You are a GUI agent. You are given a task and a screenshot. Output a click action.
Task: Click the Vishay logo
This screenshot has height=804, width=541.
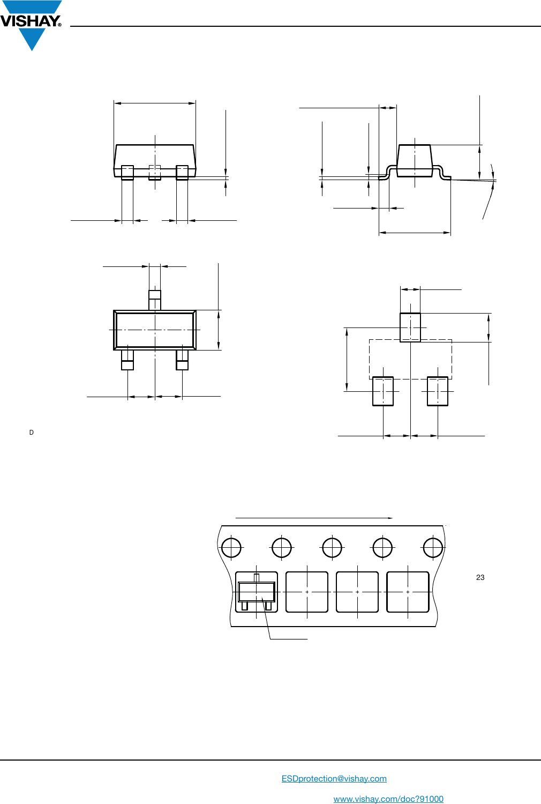tap(31, 25)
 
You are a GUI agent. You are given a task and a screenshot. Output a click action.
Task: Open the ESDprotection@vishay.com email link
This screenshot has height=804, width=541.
tap(334, 778)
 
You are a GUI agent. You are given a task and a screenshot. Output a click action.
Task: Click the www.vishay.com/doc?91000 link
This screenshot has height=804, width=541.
tap(388, 799)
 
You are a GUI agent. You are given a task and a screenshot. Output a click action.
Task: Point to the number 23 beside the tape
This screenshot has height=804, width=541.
tap(480, 577)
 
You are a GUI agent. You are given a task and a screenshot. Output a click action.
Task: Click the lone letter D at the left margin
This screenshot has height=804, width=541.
tap(32, 433)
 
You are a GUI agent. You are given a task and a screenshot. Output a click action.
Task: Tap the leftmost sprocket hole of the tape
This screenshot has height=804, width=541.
tap(231, 548)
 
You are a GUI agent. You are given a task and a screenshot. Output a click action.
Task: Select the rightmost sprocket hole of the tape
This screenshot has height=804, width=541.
tap(433, 548)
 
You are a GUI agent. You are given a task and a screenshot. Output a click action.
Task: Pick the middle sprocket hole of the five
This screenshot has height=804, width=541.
tap(332, 548)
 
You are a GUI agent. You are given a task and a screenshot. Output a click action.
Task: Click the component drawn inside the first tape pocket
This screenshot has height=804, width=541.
tap(257, 592)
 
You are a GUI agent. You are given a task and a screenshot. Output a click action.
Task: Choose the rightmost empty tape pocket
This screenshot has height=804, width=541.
tap(408, 592)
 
